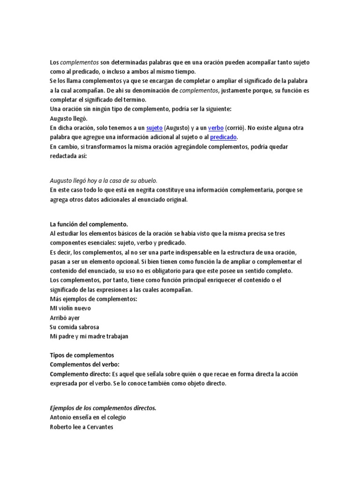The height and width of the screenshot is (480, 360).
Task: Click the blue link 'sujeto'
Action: pyautogui.click(x=154, y=128)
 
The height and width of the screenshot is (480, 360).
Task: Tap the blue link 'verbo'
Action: pyautogui.click(x=216, y=128)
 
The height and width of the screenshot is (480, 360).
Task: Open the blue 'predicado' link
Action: pyautogui.click(x=224, y=137)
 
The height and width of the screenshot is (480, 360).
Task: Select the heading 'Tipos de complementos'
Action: pyautogui.click(x=82, y=355)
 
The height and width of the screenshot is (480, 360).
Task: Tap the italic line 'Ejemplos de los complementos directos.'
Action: pyautogui.click(x=103, y=408)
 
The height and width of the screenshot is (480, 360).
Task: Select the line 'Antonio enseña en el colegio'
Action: pyautogui.click(x=88, y=418)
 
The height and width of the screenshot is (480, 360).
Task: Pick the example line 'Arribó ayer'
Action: pyautogui.click(x=65, y=318)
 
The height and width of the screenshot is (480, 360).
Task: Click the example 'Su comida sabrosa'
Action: pyautogui.click(x=74, y=327)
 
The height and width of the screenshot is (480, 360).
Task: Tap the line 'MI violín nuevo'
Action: pyautogui.click(x=70, y=308)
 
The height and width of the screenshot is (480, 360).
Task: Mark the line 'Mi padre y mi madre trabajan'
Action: pyautogui.click(x=89, y=337)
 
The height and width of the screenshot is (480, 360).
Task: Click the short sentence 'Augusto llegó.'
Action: pyautogui.click(x=68, y=119)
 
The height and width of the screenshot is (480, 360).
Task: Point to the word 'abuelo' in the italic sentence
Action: pyautogui.click(x=146, y=180)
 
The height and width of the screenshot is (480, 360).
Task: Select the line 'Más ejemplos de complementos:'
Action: pyautogui.click(x=93, y=299)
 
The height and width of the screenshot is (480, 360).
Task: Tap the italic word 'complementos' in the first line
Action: pyautogui.click(x=80, y=62)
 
